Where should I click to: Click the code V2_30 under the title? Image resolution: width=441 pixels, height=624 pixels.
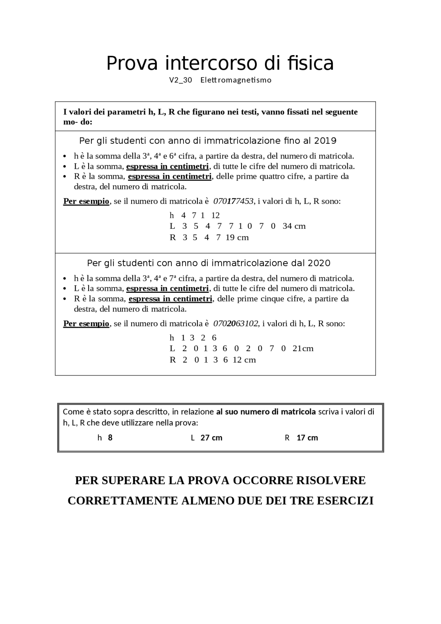(x=180, y=80)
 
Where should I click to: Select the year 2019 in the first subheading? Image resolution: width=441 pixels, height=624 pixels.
(x=325, y=141)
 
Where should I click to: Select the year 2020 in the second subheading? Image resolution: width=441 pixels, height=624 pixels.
(x=319, y=263)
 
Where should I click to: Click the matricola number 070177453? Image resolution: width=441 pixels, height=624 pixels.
(x=233, y=201)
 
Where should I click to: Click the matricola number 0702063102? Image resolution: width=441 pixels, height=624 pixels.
(x=235, y=324)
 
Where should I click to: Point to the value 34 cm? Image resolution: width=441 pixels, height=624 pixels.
(x=294, y=226)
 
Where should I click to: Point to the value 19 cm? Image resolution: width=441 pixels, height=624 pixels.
(x=237, y=237)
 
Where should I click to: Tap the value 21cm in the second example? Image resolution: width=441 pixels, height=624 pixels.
(x=303, y=348)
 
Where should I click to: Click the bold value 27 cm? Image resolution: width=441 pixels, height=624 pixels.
(x=211, y=438)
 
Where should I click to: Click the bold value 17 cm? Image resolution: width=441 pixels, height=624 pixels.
(x=307, y=438)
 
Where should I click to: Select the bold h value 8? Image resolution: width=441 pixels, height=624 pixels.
(x=110, y=438)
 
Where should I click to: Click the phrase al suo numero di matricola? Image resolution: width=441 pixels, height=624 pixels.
(x=266, y=412)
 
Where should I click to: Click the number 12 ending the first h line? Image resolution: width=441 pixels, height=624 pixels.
(x=215, y=215)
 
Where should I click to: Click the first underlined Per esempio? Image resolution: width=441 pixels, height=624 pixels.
(x=86, y=201)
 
